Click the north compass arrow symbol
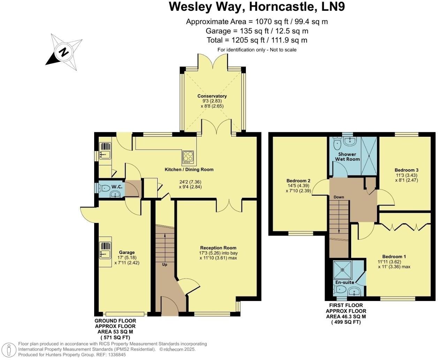pyautogui.click(x=64, y=52)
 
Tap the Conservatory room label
pyautogui.click(x=212, y=96)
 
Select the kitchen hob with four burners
pyautogui.click(x=188, y=157)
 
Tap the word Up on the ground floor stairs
pyautogui.click(x=165, y=264)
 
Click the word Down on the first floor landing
pyautogui.click(x=339, y=197)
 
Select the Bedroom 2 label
pyautogui.click(x=299, y=181)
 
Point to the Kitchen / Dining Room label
pyautogui.click(x=189, y=170)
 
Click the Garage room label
pyautogui.click(x=127, y=253)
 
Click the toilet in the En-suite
pyautogui.click(x=340, y=289)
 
